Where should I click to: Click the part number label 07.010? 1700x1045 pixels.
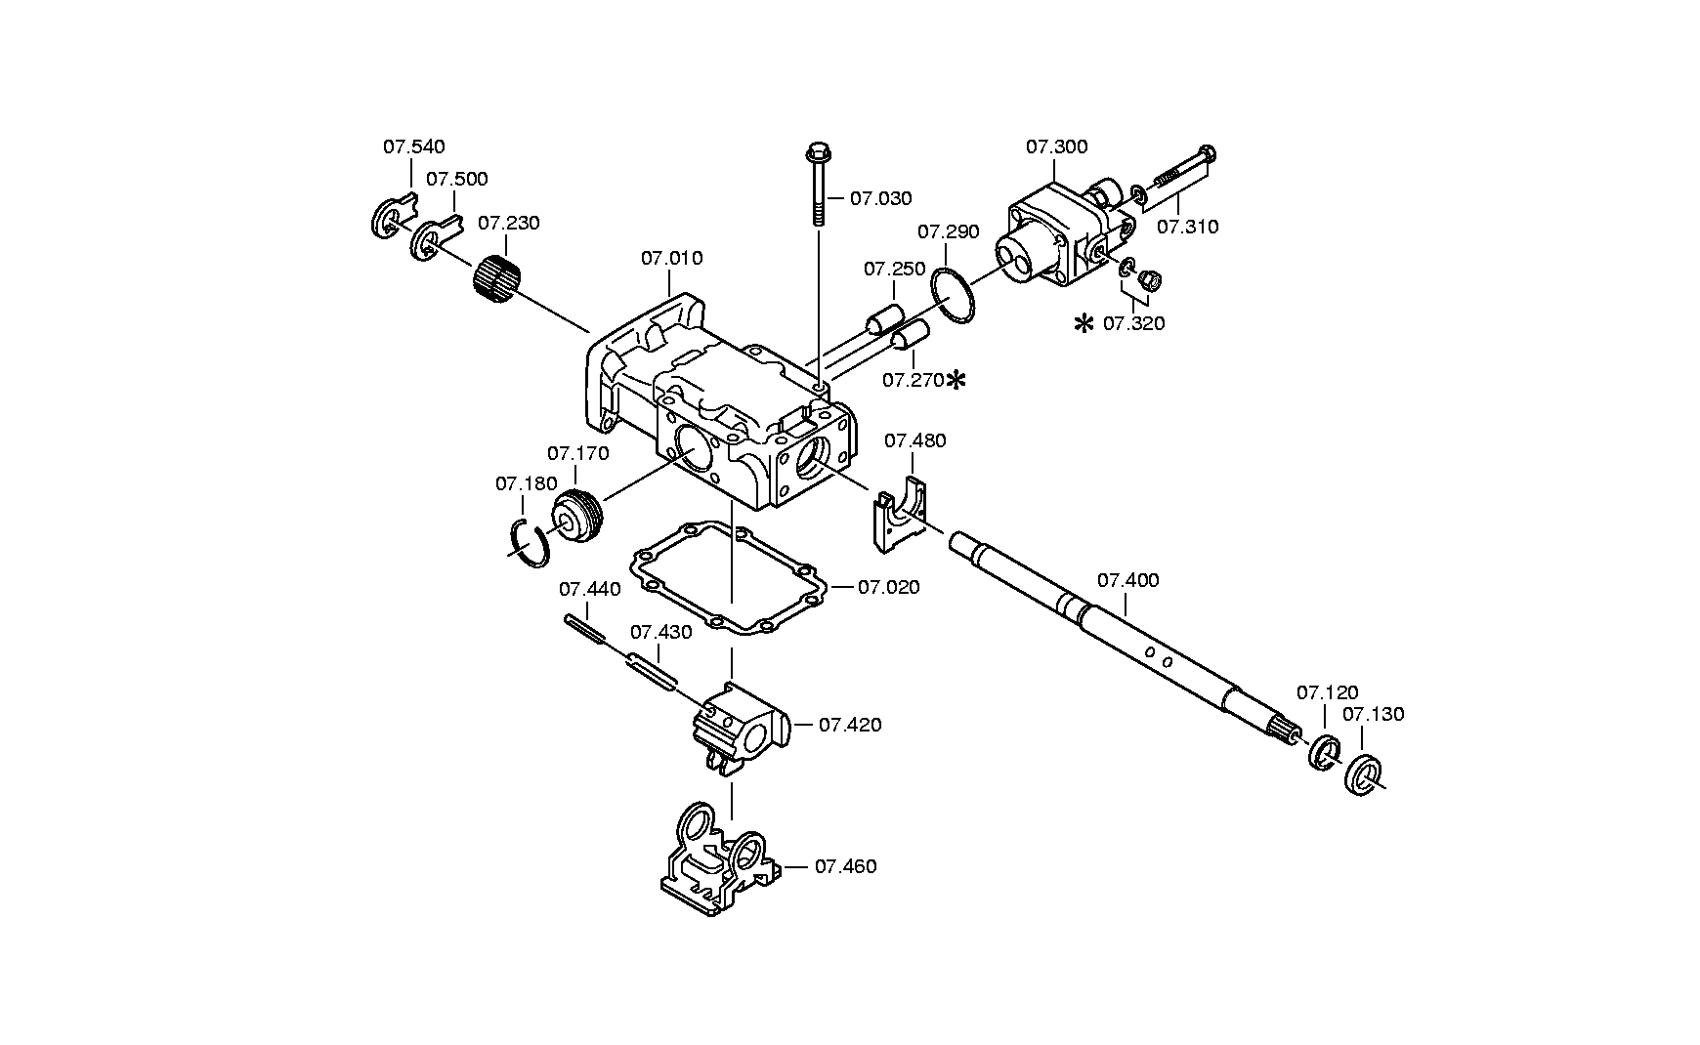[671, 259]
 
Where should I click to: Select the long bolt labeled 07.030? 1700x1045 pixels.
[817, 185]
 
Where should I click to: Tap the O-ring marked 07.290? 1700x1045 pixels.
[952, 296]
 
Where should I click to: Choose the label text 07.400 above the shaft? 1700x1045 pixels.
[1127, 581]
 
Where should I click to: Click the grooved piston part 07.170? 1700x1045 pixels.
[578, 517]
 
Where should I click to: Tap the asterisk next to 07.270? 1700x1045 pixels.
[956, 380]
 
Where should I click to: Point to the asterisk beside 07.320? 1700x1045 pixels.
[1084, 323]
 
